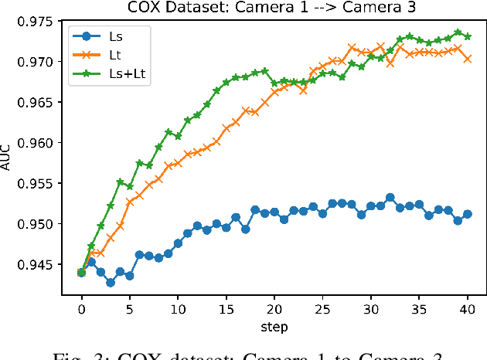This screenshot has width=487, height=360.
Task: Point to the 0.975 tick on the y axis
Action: point(46,21)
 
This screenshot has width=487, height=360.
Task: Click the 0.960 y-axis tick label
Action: point(46,143)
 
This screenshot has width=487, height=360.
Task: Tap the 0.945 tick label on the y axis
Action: point(46,265)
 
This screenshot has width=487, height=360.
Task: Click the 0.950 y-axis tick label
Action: point(46,224)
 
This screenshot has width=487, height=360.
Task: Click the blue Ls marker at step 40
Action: point(467,214)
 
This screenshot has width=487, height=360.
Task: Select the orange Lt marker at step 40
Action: point(467,58)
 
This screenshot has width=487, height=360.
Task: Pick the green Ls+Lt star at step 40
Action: point(467,36)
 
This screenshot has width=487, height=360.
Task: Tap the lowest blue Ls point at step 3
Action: point(111,283)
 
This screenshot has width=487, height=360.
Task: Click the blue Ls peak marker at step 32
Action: point(390,197)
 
